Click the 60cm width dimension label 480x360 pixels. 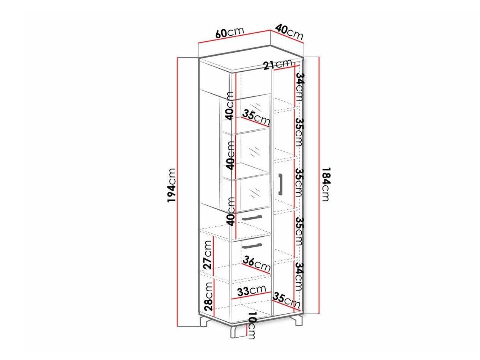click(x=230, y=32)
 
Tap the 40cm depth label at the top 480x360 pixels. click(x=289, y=32)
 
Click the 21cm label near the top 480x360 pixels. click(x=277, y=64)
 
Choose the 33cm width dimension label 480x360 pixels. click(x=252, y=291)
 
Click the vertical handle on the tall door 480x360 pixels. click(x=280, y=184)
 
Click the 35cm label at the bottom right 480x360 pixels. click(x=286, y=300)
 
